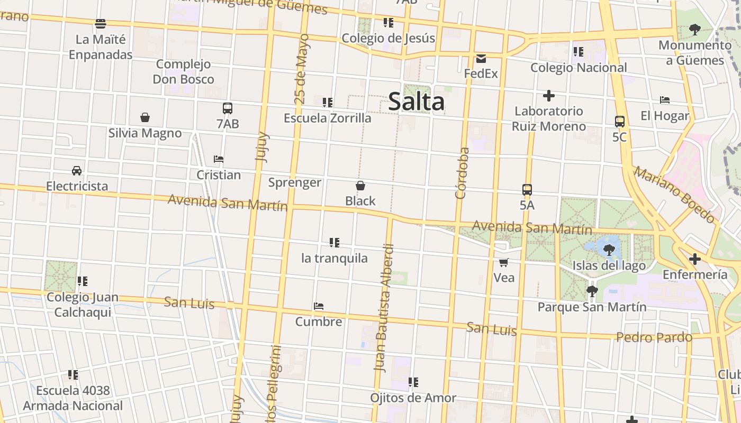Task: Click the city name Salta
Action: pos(417,102)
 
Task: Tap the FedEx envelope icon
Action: pos(481,58)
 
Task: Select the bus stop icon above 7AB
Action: pos(228,108)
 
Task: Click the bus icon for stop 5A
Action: pos(527,189)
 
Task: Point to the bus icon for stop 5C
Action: pos(620,121)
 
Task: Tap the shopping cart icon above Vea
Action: pos(503,262)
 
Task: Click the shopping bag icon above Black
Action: pos(360,186)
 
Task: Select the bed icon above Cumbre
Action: pos(318,306)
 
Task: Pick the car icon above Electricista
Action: pos(77,170)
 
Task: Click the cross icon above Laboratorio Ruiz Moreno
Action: pos(548,96)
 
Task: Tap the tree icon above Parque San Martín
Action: pos(592,291)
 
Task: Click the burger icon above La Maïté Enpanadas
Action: pos(101,23)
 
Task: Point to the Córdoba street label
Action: pos(462,173)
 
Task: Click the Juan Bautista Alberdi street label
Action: pos(384,308)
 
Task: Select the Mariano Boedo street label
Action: pos(674,194)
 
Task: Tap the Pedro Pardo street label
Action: pos(654,337)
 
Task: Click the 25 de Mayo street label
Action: pos(301,69)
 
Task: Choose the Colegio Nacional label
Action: pos(579,67)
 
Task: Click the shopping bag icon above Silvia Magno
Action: pos(145,117)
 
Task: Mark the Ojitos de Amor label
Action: pos(413,398)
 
